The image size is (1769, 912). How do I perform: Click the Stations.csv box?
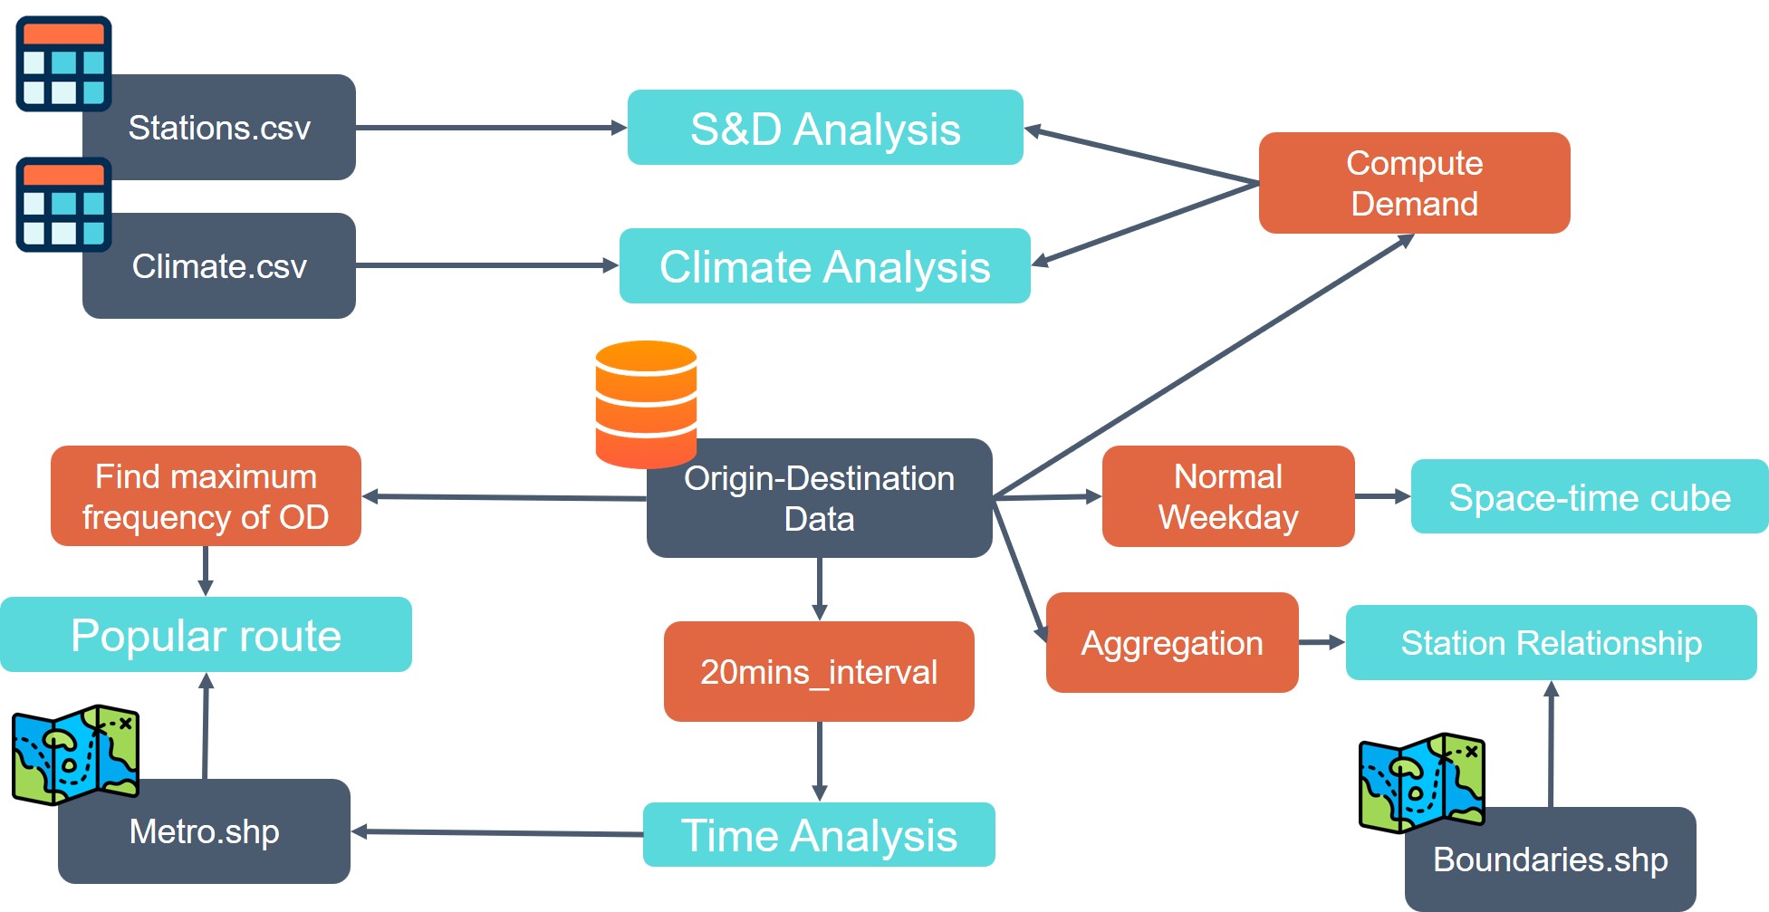(x=219, y=128)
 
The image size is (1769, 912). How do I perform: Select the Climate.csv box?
(x=219, y=266)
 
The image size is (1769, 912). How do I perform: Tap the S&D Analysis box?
(x=825, y=128)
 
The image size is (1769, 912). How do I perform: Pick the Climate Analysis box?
(x=824, y=266)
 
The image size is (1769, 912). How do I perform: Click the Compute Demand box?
(x=1414, y=183)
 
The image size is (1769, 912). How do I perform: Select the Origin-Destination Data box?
(x=819, y=499)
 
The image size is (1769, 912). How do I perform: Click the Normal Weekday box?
(x=1227, y=496)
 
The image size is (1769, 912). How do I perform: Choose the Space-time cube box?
(x=1589, y=497)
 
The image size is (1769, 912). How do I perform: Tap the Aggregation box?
(x=1171, y=643)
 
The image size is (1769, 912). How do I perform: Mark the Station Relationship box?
(x=1551, y=643)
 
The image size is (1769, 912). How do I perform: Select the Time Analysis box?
(x=819, y=835)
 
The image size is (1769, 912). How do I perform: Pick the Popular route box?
(x=206, y=635)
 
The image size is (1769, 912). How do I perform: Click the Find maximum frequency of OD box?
(x=206, y=496)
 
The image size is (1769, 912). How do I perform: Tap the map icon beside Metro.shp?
(x=75, y=754)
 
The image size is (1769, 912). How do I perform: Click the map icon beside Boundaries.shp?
(x=1421, y=782)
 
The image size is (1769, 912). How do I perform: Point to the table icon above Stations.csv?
(x=63, y=63)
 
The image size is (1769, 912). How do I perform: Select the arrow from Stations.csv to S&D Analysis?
(x=489, y=128)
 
